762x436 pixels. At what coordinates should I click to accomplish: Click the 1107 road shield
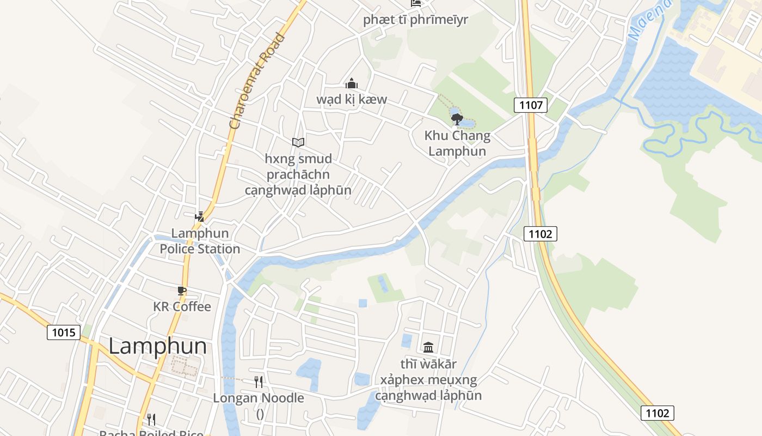(x=531, y=105)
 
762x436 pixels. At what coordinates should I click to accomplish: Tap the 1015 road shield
(x=64, y=332)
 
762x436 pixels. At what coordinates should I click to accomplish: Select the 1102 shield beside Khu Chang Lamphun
(x=540, y=234)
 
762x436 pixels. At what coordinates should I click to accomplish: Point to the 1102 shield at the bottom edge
(x=657, y=413)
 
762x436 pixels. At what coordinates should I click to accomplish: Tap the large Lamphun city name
(x=157, y=346)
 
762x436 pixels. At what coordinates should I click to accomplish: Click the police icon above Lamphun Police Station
(x=200, y=217)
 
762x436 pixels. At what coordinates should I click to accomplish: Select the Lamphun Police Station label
(x=200, y=241)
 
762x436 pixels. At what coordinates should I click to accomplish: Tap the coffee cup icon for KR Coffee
(x=182, y=291)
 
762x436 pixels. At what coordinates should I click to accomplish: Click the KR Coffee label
(x=182, y=307)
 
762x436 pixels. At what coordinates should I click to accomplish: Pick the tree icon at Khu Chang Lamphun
(x=457, y=119)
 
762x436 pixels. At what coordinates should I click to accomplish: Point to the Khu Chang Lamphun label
(x=457, y=143)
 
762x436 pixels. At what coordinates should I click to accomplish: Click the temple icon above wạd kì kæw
(x=352, y=83)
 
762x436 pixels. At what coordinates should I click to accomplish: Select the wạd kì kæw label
(x=352, y=99)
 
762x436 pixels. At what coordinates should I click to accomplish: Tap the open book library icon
(x=298, y=143)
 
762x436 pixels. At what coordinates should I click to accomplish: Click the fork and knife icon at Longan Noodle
(x=259, y=382)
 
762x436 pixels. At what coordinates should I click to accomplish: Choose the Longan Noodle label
(x=259, y=398)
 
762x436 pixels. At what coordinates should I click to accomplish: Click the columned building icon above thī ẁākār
(x=428, y=347)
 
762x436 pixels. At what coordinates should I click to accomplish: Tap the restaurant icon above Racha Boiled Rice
(x=151, y=420)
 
